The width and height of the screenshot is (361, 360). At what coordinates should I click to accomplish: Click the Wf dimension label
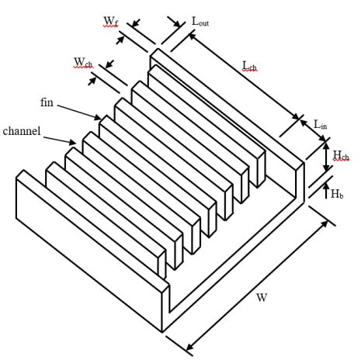pyautogui.click(x=111, y=22)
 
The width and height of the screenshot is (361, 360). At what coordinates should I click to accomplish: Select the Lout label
pyautogui.click(x=200, y=21)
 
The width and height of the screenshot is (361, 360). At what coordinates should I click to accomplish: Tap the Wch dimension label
pyautogui.click(x=83, y=63)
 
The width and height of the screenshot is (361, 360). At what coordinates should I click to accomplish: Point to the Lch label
pyautogui.click(x=249, y=66)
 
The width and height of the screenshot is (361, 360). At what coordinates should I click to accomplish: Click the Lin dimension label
pyautogui.click(x=320, y=125)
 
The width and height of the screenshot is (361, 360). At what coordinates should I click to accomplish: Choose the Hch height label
pyautogui.click(x=341, y=155)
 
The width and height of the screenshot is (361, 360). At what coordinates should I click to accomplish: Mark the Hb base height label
pyautogui.click(x=337, y=194)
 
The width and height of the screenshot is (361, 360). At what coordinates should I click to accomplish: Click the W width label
pyautogui.click(x=262, y=297)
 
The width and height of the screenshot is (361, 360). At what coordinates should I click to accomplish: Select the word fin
pyautogui.click(x=47, y=102)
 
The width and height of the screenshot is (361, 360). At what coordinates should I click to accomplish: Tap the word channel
pyautogui.click(x=22, y=131)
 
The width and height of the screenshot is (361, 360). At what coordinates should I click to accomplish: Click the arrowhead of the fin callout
pyautogui.click(x=98, y=118)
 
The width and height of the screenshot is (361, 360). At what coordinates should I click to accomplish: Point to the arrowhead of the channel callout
pyautogui.click(x=73, y=142)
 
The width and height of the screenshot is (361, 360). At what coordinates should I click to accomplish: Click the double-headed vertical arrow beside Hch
pyautogui.click(x=327, y=157)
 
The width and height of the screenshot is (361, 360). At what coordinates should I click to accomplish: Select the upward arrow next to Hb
pyautogui.click(x=327, y=190)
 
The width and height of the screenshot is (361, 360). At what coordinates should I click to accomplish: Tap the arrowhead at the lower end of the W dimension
pyautogui.click(x=190, y=347)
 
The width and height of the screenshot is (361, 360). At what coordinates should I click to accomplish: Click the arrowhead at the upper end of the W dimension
pyautogui.click(x=324, y=224)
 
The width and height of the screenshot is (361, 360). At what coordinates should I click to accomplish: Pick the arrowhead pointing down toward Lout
pyautogui.click(x=177, y=24)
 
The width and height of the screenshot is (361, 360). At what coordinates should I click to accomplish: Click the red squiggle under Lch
pyautogui.click(x=250, y=71)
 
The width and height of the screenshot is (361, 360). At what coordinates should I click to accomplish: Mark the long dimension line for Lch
pyautogui.click(x=245, y=77)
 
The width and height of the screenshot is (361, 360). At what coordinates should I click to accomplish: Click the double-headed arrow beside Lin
pyautogui.click(x=314, y=131)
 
